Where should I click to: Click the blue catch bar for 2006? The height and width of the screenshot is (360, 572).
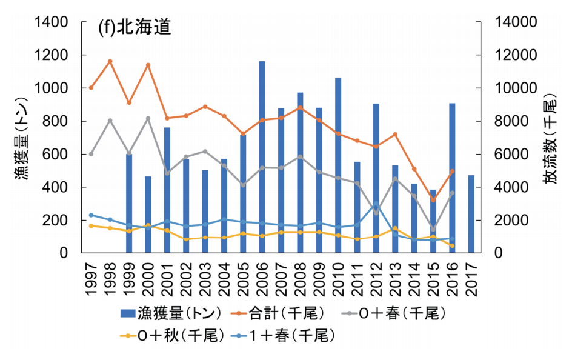262,158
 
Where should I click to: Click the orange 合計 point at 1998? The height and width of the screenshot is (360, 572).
110,61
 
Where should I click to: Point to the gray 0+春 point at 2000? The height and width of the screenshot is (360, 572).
148,118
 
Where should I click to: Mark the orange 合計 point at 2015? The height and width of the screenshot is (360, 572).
433,200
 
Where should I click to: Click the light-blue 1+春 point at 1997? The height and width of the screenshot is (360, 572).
91,215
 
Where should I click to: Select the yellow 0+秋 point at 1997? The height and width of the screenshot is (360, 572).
91,226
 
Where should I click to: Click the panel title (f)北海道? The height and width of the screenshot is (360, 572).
134,28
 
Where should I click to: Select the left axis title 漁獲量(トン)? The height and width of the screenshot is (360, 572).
18,138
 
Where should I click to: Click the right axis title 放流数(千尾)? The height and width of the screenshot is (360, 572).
552,138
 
